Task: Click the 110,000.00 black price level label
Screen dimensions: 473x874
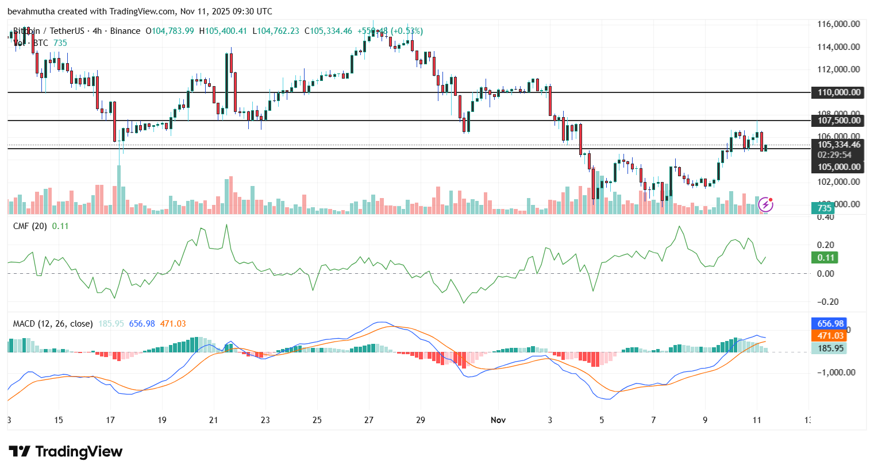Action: pos(839,92)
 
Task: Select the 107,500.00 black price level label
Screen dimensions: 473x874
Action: pos(839,121)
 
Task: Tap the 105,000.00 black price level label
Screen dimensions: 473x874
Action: pos(839,167)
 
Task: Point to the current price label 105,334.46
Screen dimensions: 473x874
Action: pos(839,145)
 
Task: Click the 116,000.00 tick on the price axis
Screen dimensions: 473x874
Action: pos(838,24)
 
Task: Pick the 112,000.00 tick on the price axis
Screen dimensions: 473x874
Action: pos(838,69)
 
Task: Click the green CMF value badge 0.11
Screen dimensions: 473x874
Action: pos(825,258)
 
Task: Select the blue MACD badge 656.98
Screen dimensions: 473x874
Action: pos(830,324)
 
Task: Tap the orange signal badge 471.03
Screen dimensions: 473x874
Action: pos(830,336)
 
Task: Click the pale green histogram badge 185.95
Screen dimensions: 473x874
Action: pos(830,348)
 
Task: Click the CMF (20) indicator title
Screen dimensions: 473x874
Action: pos(30,226)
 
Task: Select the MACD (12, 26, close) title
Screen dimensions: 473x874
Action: pos(53,324)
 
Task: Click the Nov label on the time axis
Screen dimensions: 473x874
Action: pos(498,420)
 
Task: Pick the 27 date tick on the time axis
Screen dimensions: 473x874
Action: pos(369,420)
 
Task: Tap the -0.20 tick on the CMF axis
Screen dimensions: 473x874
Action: pos(825,302)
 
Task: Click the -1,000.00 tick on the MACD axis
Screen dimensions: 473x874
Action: pos(836,373)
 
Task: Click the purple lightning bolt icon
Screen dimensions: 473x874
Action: pos(765,204)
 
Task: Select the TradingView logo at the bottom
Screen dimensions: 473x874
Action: pos(66,452)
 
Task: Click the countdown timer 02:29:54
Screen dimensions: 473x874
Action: pos(834,155)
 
